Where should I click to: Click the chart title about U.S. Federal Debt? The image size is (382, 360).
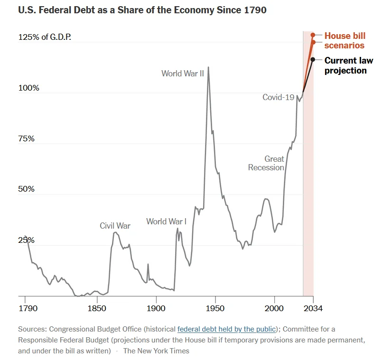point(142,10)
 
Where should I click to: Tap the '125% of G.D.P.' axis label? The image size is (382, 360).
point(45,37)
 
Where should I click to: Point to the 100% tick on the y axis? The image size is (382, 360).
point(28,88)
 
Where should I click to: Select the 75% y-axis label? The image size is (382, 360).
point(27,138)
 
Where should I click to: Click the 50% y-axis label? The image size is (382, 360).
point(27,189)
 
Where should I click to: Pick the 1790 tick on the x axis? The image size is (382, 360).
point(28,309)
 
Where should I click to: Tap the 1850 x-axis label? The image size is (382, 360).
point(97,309)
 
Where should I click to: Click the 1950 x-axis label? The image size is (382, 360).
point(215,309)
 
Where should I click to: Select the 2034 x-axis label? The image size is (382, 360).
point(313,309)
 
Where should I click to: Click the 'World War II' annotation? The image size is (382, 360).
point(183,73)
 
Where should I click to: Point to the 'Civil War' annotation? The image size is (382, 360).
point(115,226)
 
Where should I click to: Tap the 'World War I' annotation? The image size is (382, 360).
point(167,222)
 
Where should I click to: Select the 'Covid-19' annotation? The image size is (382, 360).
point(279,97)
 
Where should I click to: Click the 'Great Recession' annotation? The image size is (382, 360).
point(266,163)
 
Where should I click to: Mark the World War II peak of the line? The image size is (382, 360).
point(208,67)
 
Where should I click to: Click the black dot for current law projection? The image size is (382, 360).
point(313,59)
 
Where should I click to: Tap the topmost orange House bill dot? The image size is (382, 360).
point(313,35)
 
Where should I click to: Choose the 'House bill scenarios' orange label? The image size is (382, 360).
point(345,41)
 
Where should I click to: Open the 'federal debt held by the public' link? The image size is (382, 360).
point(226,329)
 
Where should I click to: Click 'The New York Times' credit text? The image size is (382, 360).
point(156,351)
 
